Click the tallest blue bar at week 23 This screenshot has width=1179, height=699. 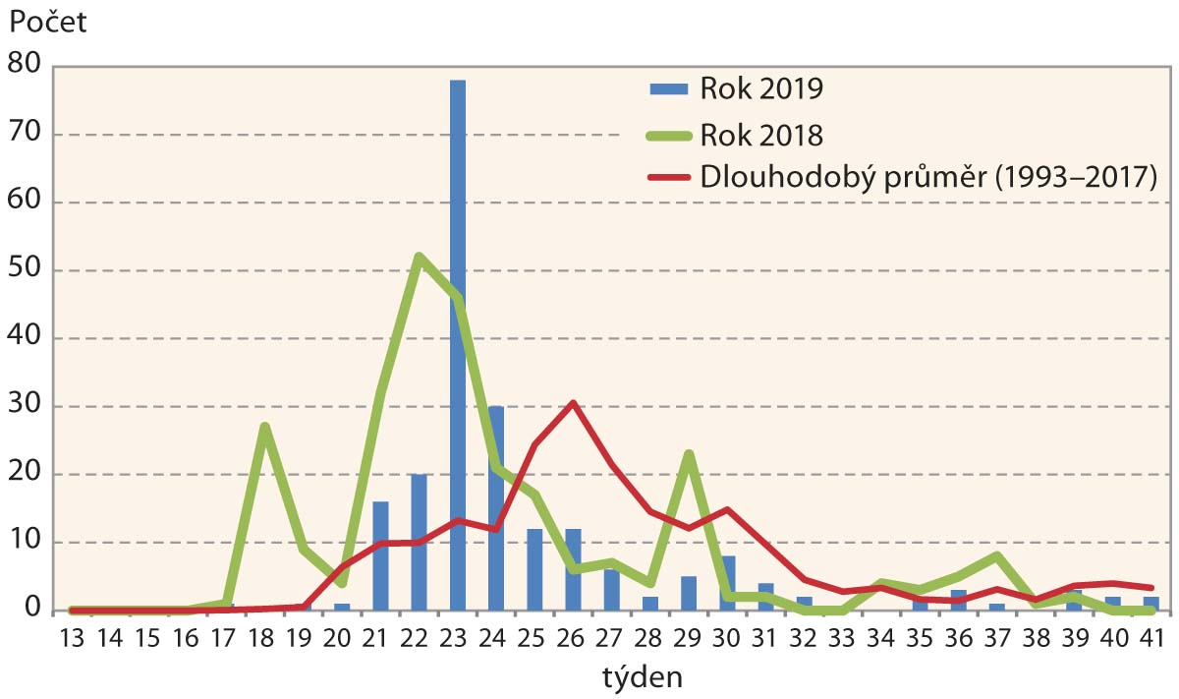click(457, 344)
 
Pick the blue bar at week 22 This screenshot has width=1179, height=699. click(419, 542)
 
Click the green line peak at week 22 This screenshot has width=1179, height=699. click(420, 257)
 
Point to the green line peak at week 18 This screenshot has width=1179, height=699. click(265, 426)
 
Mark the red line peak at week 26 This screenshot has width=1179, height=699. click(573, 403)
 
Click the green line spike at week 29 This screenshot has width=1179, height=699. click(689, 453)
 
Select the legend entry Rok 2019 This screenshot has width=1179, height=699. click(761, 88)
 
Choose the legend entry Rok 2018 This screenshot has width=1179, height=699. click(761, 134)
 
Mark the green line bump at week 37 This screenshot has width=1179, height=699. click(997, 556)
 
